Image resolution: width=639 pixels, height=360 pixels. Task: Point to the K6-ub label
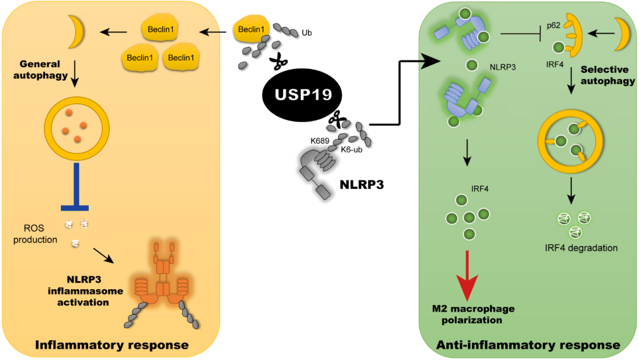[352, 149]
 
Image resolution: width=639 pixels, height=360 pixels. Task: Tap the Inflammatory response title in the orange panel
[112, 344]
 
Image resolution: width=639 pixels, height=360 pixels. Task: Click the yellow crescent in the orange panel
[75, 33]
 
